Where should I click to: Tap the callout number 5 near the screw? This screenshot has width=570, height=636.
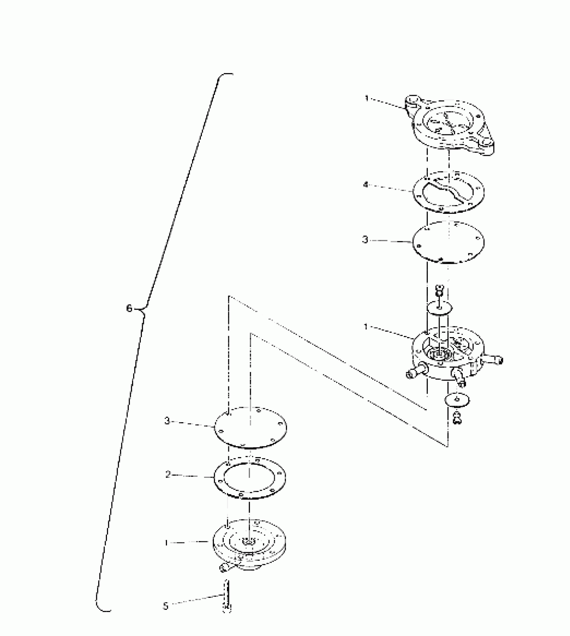[166, 606]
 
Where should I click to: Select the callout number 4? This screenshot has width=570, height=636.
[366, 185]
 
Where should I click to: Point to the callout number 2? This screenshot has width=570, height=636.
[168, 474]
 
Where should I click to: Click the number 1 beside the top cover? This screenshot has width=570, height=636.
[367, 99]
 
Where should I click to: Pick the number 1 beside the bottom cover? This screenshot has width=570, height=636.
[166, 543]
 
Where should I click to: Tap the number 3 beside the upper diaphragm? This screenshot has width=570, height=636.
[365, 240]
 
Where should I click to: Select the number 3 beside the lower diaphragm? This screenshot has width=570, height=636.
[167, 421]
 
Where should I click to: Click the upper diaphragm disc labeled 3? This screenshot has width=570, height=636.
[448, 242]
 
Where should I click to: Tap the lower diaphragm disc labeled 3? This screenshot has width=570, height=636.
[250, 427]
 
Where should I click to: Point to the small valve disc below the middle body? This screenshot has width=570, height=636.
[457, 399]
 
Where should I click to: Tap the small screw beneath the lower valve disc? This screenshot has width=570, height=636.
[457, 418]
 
